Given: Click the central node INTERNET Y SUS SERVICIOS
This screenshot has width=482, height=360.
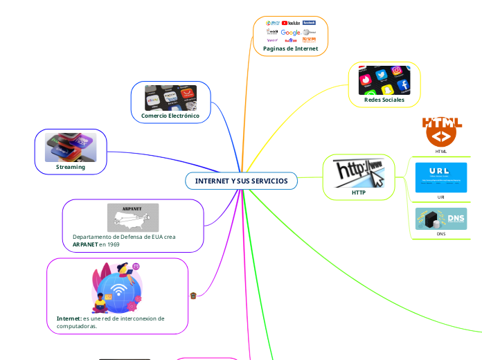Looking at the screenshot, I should tap(241, 181).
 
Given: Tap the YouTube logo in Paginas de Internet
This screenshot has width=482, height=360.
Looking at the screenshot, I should tap(291, 23).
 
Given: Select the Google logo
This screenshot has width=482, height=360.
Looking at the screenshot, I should tap(291, 33).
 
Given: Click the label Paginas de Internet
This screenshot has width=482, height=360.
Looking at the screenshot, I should tap(291, 49).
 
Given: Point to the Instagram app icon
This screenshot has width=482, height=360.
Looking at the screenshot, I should tap(397, 71).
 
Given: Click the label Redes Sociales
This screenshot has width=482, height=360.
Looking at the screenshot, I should tap(384, 100).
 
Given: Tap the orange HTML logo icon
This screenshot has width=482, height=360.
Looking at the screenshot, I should tap(442, 132).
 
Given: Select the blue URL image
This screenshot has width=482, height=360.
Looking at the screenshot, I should tap(441, 177).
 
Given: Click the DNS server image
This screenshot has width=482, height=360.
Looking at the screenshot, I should tap(441, 219).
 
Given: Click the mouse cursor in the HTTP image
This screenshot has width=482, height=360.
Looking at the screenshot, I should tap(378, 178).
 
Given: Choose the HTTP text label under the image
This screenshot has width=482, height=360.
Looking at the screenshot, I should tap(358, 192).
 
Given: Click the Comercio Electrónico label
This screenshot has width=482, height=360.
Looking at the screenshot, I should tap(170, 116).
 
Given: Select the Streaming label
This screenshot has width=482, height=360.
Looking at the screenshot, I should tap(71, 167).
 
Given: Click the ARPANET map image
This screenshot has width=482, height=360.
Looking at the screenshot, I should tap(133, 217).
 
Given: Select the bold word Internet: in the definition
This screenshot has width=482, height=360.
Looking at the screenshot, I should tap(69, 318).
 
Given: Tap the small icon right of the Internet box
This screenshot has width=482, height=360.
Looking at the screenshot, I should tap(193, 296).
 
